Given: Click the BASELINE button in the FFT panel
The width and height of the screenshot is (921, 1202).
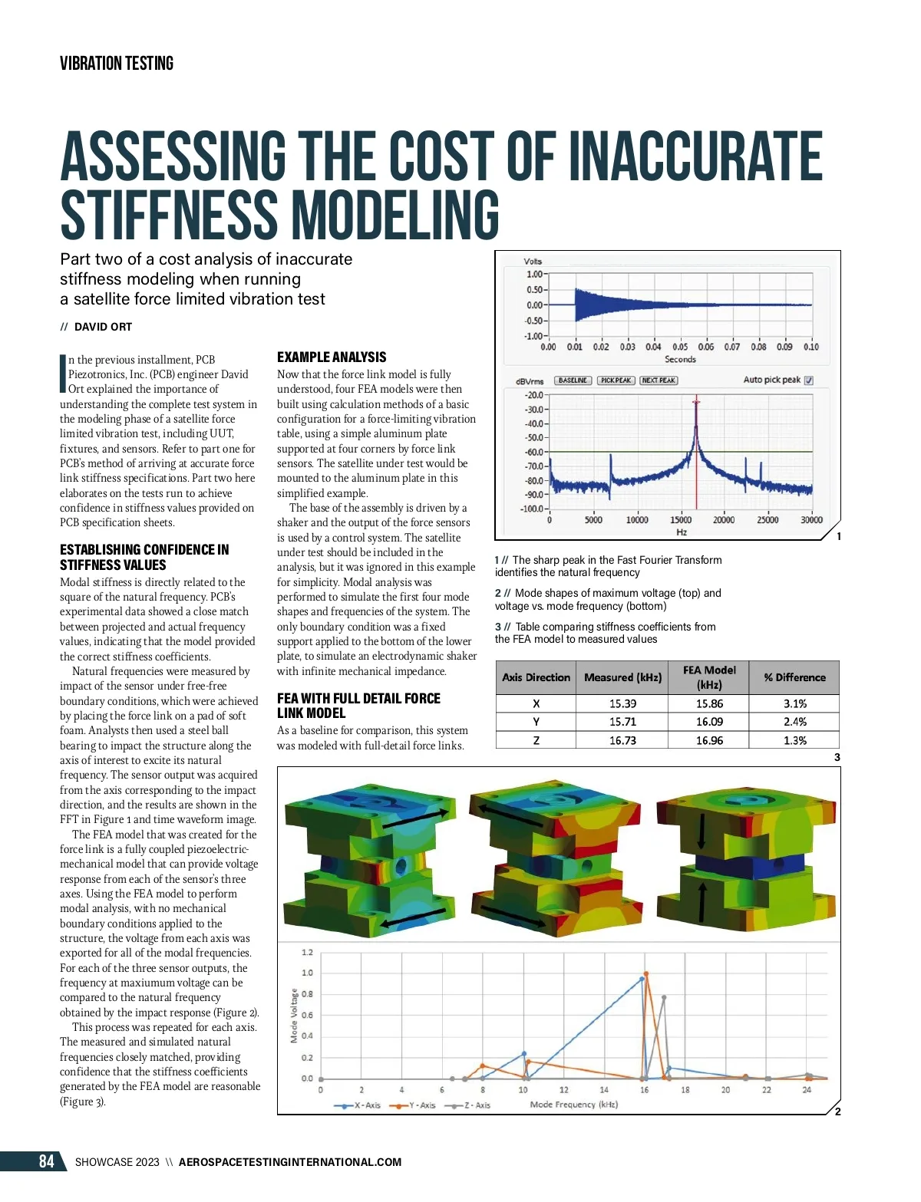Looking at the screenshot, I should (573, 380).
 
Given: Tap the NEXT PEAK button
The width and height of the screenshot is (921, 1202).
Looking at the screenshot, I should (659, 380).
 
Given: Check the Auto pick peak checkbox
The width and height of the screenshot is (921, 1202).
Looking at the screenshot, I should (809, 380).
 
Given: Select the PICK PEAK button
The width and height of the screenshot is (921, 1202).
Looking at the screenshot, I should (616, 380).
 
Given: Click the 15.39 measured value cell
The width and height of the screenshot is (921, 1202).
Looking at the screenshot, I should (622, 703).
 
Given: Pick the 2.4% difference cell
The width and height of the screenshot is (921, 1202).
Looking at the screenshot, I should (794, 722).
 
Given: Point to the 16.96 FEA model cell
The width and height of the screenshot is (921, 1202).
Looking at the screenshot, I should (709, 740).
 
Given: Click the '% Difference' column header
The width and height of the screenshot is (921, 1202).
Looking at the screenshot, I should (794, 677).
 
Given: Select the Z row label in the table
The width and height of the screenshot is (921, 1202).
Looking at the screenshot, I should (536, 740).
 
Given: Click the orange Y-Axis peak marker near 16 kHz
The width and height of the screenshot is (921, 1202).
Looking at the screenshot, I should (646, 974).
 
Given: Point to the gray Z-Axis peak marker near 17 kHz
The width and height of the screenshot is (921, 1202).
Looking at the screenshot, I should (664, 997).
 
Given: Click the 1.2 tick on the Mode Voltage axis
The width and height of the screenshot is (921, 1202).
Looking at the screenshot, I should (307, 953).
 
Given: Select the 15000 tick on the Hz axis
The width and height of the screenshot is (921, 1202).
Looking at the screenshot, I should (681, 520).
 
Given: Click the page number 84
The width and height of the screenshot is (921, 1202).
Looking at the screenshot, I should (47, 1161).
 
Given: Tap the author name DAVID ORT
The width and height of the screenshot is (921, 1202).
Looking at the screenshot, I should (103, 327).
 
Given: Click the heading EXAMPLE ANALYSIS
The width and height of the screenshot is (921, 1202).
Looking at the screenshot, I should (332, 357).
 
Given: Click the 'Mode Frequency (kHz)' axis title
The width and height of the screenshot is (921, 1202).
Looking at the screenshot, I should (574, 1105).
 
